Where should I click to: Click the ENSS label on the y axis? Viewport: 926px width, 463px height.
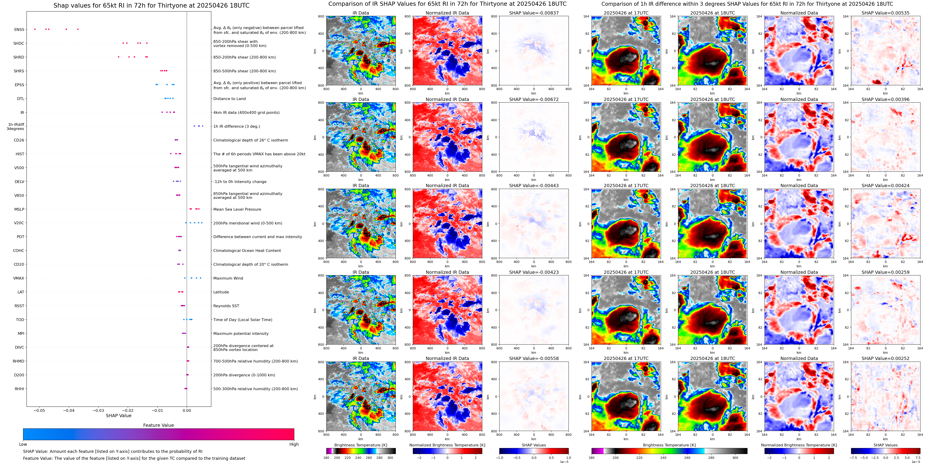[x=19, y=29]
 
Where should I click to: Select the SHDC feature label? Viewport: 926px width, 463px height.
[x=19, y=44]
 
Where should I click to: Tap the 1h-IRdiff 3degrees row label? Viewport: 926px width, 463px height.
[x=16, y=127]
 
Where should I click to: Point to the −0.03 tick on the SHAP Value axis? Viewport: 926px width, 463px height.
[x=98, y=410]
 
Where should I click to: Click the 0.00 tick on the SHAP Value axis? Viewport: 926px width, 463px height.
[x=187, y=410]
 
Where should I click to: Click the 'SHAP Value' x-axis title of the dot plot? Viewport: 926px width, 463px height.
[x=118, y=416]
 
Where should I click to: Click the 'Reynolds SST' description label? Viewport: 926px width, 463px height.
[x=226, y=306]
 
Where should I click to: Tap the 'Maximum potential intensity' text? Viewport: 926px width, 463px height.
[x=241, y=334]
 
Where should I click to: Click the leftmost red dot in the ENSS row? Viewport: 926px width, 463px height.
[x=35, y=29]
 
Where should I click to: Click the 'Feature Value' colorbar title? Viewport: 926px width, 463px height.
[x=158, y=425]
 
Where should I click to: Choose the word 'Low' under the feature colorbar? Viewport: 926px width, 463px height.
[x=23, y=444]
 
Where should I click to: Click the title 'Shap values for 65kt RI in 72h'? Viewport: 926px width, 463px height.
[x=151, y=5]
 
